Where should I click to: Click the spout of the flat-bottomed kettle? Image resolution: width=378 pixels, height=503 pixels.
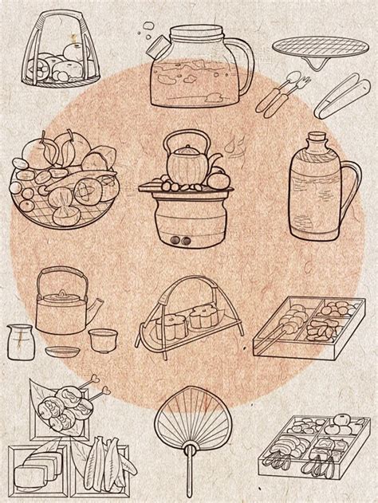tap(97, 307)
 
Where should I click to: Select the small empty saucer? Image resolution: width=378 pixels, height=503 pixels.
tap(60, 352)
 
